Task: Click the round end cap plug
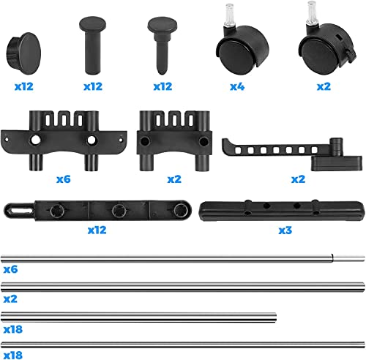coord(23,53)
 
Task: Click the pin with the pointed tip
coord(163,45)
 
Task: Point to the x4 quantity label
coord(237,86)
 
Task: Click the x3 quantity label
coord(285,230)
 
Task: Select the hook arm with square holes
coord(291,154)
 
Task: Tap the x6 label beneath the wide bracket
coord(64,179)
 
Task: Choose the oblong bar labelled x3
coord(282,211)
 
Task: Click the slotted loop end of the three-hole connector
coord(18,210)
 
